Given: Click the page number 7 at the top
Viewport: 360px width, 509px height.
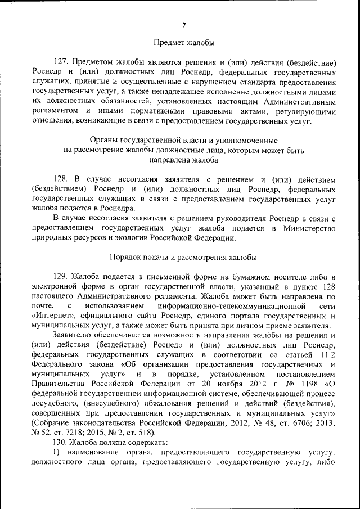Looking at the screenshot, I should tap(184, 24).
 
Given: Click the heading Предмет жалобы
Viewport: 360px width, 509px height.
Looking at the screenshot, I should tap(183, 42).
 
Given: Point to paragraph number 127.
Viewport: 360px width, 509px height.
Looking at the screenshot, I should tap(61, 62).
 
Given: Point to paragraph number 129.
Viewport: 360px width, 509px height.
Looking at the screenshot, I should tap(61, 277).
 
